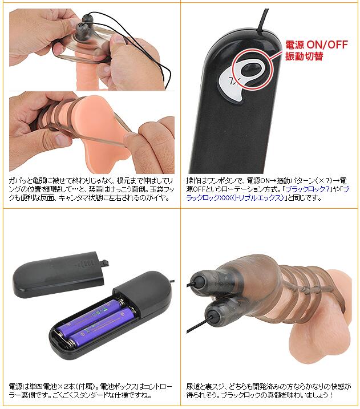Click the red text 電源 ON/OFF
click(x=317, y=44)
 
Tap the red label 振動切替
click(x=304, y=56)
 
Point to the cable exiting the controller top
click(x=262, y=22)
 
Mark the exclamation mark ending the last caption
click(x=331, y=395)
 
